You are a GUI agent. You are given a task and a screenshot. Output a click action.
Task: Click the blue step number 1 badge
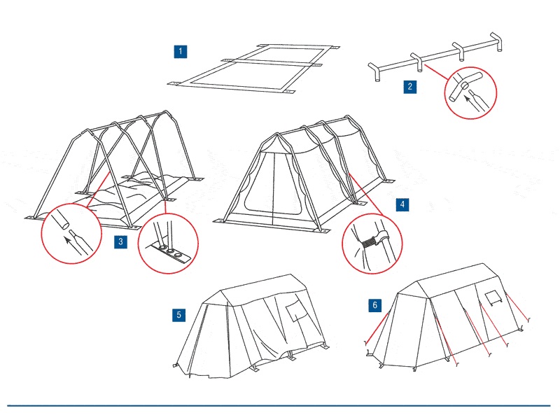pos(181,51)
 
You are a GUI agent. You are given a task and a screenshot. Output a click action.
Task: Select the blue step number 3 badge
pos(121,241)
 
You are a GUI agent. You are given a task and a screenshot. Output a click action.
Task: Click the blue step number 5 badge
pos(179,314)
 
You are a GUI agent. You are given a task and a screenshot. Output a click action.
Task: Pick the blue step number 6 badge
pos(375,305)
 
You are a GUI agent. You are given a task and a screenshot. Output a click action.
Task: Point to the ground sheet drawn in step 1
pos(252,68)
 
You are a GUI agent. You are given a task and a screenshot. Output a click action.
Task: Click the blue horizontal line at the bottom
pos(280,405)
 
